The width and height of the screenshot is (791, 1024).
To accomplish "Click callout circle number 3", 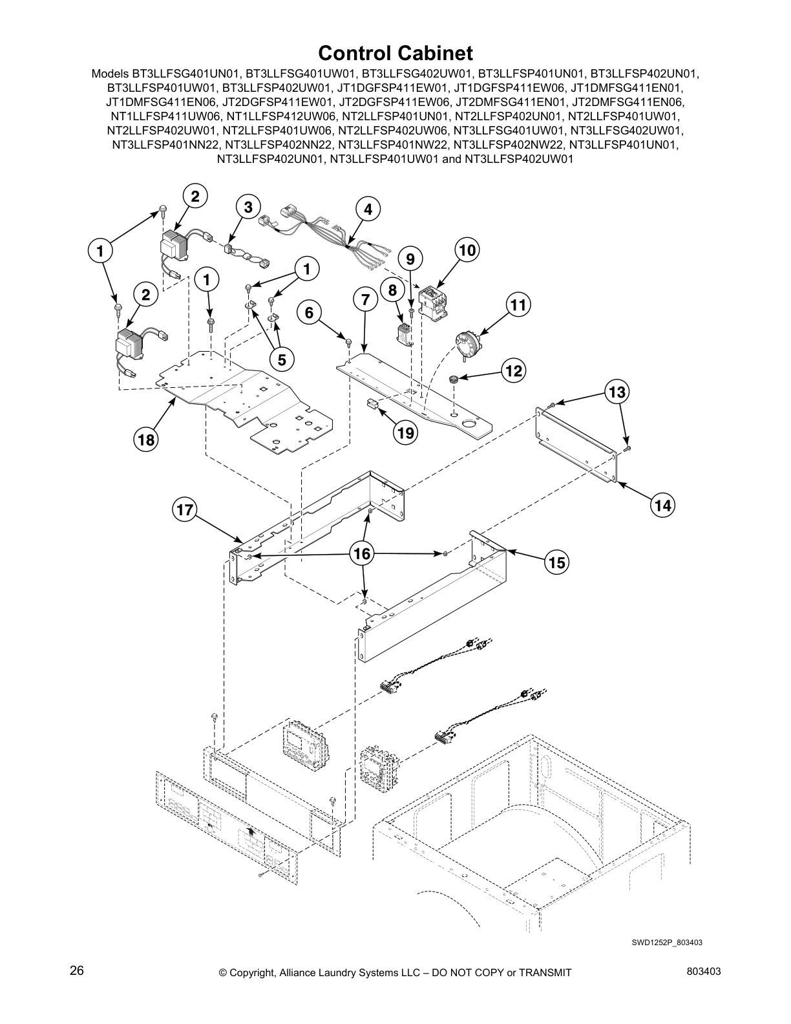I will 248,207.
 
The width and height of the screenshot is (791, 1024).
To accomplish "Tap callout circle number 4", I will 368,209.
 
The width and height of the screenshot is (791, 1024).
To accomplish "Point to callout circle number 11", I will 518,304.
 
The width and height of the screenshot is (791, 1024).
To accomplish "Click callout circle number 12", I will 514,370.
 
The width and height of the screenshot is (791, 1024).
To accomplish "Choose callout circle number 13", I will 617,392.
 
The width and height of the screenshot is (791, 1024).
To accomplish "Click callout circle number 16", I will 363,553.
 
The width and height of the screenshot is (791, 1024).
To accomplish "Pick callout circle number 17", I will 185,510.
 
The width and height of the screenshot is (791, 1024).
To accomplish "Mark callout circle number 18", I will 146,440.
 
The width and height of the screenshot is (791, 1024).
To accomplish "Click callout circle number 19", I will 405,432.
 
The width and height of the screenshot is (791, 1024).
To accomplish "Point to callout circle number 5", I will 282,360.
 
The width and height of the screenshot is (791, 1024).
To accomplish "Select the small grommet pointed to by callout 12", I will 453,378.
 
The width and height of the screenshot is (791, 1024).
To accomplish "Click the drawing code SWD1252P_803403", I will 666,942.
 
